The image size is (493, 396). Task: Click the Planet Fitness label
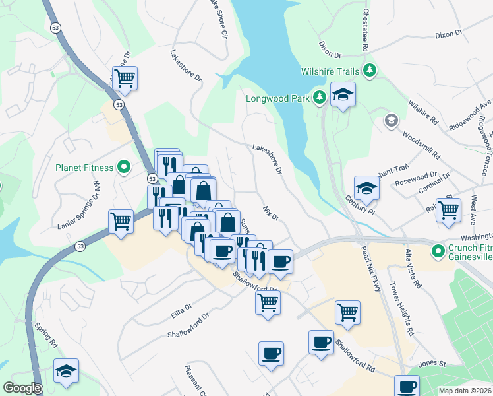click(84, 168)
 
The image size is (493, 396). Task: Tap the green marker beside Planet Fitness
click(123, 168)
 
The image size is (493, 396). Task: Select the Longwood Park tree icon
click(320, 98)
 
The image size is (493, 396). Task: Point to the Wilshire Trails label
click(330, 71)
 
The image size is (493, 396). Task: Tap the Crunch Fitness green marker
click(437, 251)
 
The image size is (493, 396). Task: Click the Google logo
click(22, 388)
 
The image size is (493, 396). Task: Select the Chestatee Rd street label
click(364, 30)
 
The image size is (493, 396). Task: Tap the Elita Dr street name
click(181, 309)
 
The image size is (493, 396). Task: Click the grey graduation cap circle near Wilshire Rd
click(391, 119)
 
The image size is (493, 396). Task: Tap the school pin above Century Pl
click(366, 188)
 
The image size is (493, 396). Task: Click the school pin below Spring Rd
click(66, 372)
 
